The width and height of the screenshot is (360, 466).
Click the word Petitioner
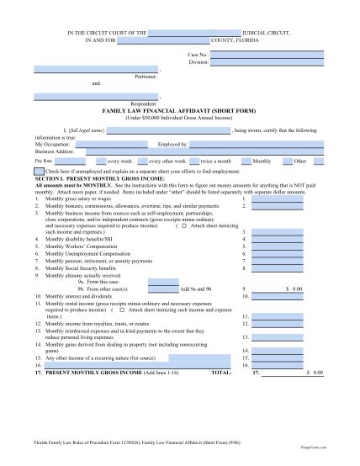[x=146, y=77]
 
